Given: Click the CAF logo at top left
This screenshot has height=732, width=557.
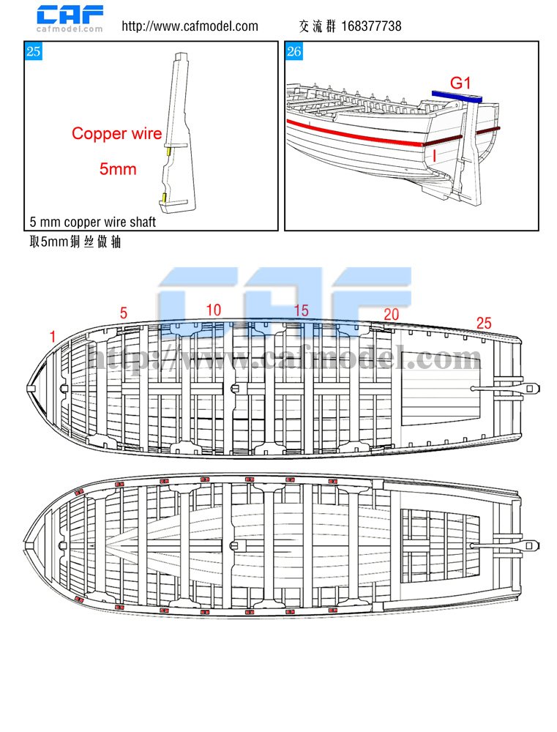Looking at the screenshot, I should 70,18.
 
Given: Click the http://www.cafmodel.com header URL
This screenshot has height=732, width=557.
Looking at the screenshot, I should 190,26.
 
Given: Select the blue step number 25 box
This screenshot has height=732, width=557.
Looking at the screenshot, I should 33,51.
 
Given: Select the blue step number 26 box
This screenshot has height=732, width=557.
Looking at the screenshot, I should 294,51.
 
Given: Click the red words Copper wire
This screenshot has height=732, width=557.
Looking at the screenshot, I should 116,134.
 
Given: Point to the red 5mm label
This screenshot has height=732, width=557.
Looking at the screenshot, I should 118,168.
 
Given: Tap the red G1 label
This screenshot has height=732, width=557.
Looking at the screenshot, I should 460,83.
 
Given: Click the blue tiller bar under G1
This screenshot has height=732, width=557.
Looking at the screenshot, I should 457,95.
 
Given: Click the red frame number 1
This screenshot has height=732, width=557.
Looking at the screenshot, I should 53,336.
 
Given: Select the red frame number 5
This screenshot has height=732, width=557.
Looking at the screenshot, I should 124,313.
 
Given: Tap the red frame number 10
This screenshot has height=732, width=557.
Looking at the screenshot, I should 213,310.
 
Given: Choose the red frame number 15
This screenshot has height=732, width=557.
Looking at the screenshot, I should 301,311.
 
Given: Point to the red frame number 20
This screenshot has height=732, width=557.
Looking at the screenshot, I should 392,314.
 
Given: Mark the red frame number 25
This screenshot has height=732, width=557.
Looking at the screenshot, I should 484,323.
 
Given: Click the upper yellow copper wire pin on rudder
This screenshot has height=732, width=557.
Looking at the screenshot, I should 168,152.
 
